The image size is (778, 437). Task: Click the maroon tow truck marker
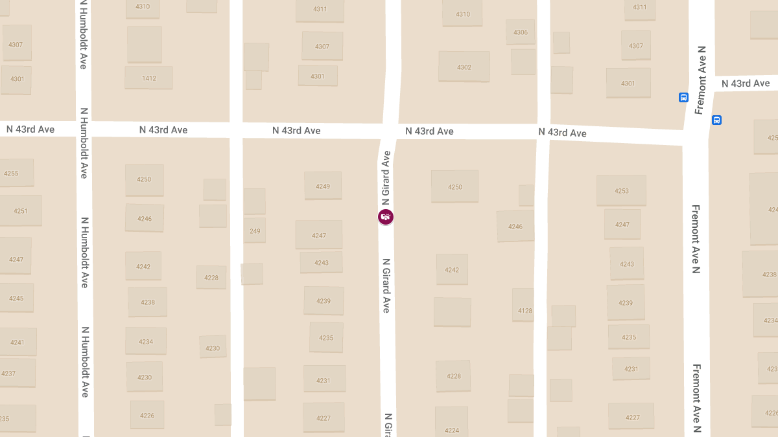[x=386, y=217]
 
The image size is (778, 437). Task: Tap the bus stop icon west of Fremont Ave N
[x=683, y=97]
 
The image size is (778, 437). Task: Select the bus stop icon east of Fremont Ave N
[x=716, y=120]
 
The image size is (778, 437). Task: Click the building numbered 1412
[x=149, y=78]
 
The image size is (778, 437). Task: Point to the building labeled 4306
[x=521, y=32]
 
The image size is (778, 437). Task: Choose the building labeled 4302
[x=464, y=67]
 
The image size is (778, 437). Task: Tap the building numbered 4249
[x=323, y=186]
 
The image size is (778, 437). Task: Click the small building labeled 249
[x=255, y=230]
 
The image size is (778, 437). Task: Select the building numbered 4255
[x=12, y=173]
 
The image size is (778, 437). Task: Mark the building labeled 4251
[x=20, y=210]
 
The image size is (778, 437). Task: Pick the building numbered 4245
[x=16, y=298]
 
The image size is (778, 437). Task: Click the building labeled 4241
[x=18, y=342]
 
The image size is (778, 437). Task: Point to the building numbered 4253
[x=621, y=190]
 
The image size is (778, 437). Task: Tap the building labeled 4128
[x=525, y=310]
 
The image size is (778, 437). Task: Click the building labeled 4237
[x=9, y=373]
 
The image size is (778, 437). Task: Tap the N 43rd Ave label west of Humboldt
[x=30, y=129]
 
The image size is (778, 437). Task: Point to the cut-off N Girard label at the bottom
[x=388, y=425]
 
